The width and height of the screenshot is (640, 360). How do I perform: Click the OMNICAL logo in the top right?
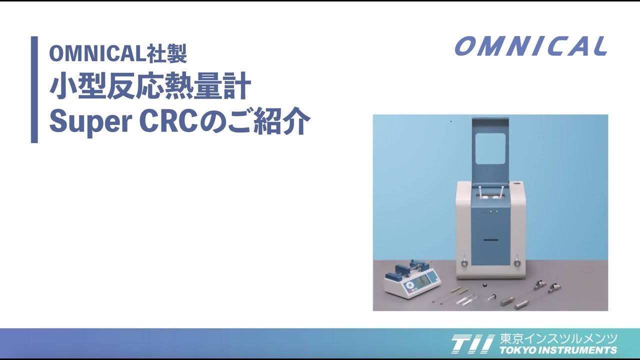tap(531, 46)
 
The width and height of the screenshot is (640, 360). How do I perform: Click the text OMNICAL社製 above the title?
tap(118, 53)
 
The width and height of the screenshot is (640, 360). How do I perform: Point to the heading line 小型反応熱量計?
tap(150, 87)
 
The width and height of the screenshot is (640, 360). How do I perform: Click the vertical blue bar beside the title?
tap(34, 89)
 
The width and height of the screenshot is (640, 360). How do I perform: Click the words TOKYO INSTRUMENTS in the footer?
tap(558, 350)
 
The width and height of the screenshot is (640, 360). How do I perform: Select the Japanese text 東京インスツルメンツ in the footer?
tap(558, 338)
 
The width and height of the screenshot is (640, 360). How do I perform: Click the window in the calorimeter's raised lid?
tap(491, 148)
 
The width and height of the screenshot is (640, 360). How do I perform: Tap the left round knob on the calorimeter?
tap(464, 263)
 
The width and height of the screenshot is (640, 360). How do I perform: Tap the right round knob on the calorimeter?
tap(517, 263)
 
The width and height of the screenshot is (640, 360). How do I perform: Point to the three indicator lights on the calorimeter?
tap(490, 211)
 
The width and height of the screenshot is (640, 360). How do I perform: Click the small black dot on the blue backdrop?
tap(451, 121)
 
